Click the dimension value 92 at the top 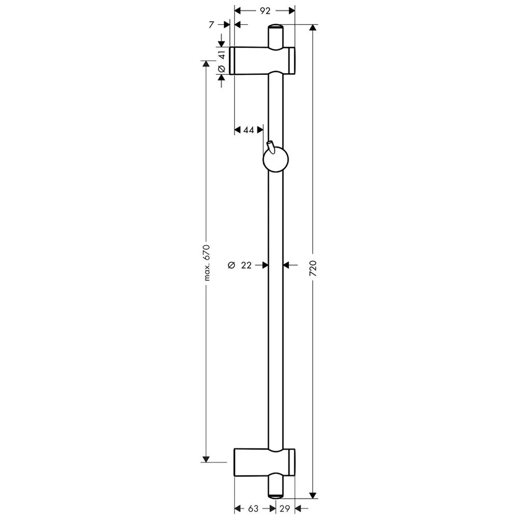click(x=265, y=10)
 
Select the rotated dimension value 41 click(x=221, y=53)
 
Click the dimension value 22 click(x=246, y=265)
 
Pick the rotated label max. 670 click(x=206, y=262)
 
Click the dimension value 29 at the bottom click(x=285, y=509)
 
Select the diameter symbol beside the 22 click(x=231, y=265)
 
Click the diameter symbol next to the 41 click(x=221, y=69)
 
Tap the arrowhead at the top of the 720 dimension click(x=312, y=29)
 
